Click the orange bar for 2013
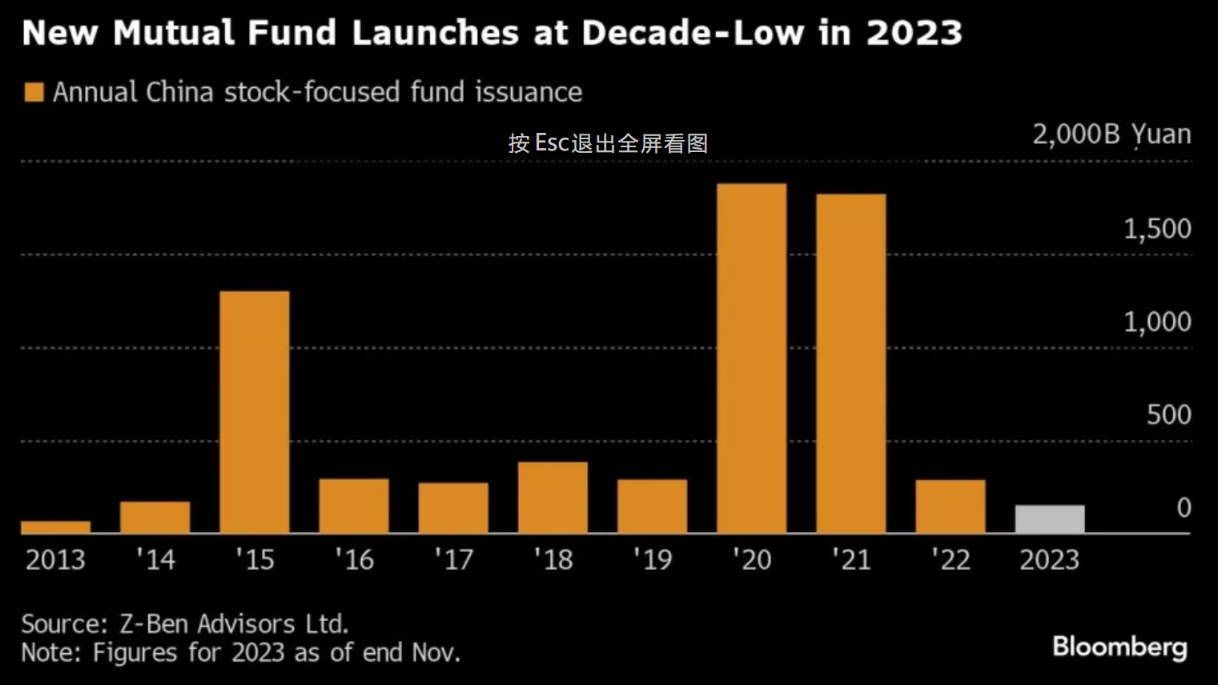(x=55, y=527)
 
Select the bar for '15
(x=254, y=412)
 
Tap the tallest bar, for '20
(x=751, y=359)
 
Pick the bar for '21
(x=850, y=363)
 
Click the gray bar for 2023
(x=1049, y=519)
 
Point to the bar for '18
(x=553, y=498)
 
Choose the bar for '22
(x=950, y=507)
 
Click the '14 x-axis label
(x=155, y=559)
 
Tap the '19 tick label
(x=652, y=559)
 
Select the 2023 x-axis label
(x=1049, y=559)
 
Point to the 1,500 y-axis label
(x=1157, y=230)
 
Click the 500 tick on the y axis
(x=1168, y=415)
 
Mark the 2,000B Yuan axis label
(x=1111, y=134)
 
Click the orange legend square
(x=34, y=92)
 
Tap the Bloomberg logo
(x=1120, y=647)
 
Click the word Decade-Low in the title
(x=693, y=33)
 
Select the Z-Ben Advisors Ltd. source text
(x=234, y=623)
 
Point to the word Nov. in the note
(x=436, y=652)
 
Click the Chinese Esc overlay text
(x=608, y=143)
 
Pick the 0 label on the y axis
(x=1184, y=507)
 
